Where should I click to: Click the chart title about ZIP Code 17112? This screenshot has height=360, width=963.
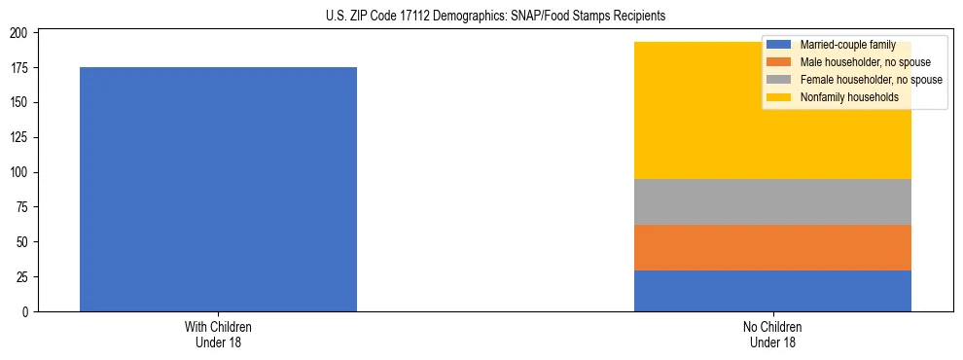point(481,17)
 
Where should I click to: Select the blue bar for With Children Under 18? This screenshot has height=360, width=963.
point(218,189)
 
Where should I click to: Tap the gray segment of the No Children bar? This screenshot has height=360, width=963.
point(772,201)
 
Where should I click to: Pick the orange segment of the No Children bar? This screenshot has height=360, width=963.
point(772,247)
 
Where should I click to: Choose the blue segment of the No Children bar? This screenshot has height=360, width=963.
point(772,291)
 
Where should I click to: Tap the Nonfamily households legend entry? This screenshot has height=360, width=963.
point(841,97)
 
